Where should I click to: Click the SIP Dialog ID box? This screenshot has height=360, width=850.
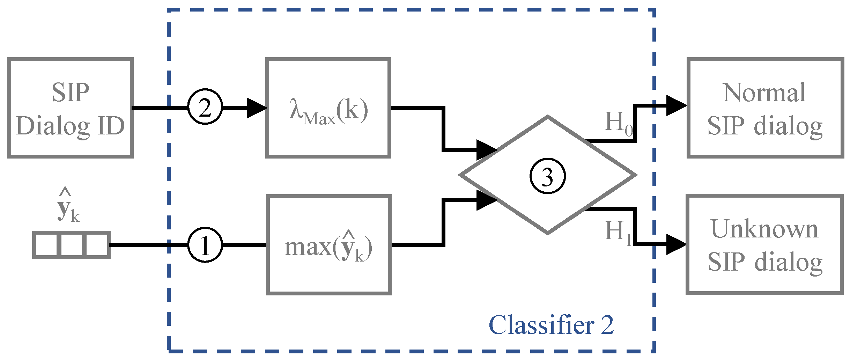point(70,108)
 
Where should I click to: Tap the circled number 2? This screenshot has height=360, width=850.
point(205,107)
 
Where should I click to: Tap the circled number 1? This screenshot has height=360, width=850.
point(205,245)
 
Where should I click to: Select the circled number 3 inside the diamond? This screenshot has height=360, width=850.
point(547,176)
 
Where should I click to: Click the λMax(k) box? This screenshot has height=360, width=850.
point(328,108)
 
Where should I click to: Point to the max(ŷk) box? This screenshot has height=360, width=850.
point(328,245)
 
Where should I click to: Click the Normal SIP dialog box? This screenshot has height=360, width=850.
point(765,108)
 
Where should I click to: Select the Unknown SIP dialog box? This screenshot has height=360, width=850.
point(764,245)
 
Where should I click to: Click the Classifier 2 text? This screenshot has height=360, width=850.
point(551,325)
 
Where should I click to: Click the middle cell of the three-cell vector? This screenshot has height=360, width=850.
point(72,245)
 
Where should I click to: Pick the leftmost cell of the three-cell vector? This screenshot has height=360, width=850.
point(47,245)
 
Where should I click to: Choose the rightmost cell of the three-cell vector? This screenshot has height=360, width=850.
point(97,245)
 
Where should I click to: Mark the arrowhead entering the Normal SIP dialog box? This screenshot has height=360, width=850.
point(675,105)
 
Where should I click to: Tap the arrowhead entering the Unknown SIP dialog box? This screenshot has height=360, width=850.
point(675,244)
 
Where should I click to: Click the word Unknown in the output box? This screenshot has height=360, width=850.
point(764,229)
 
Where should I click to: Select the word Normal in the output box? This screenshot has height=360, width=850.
point(764,93)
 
